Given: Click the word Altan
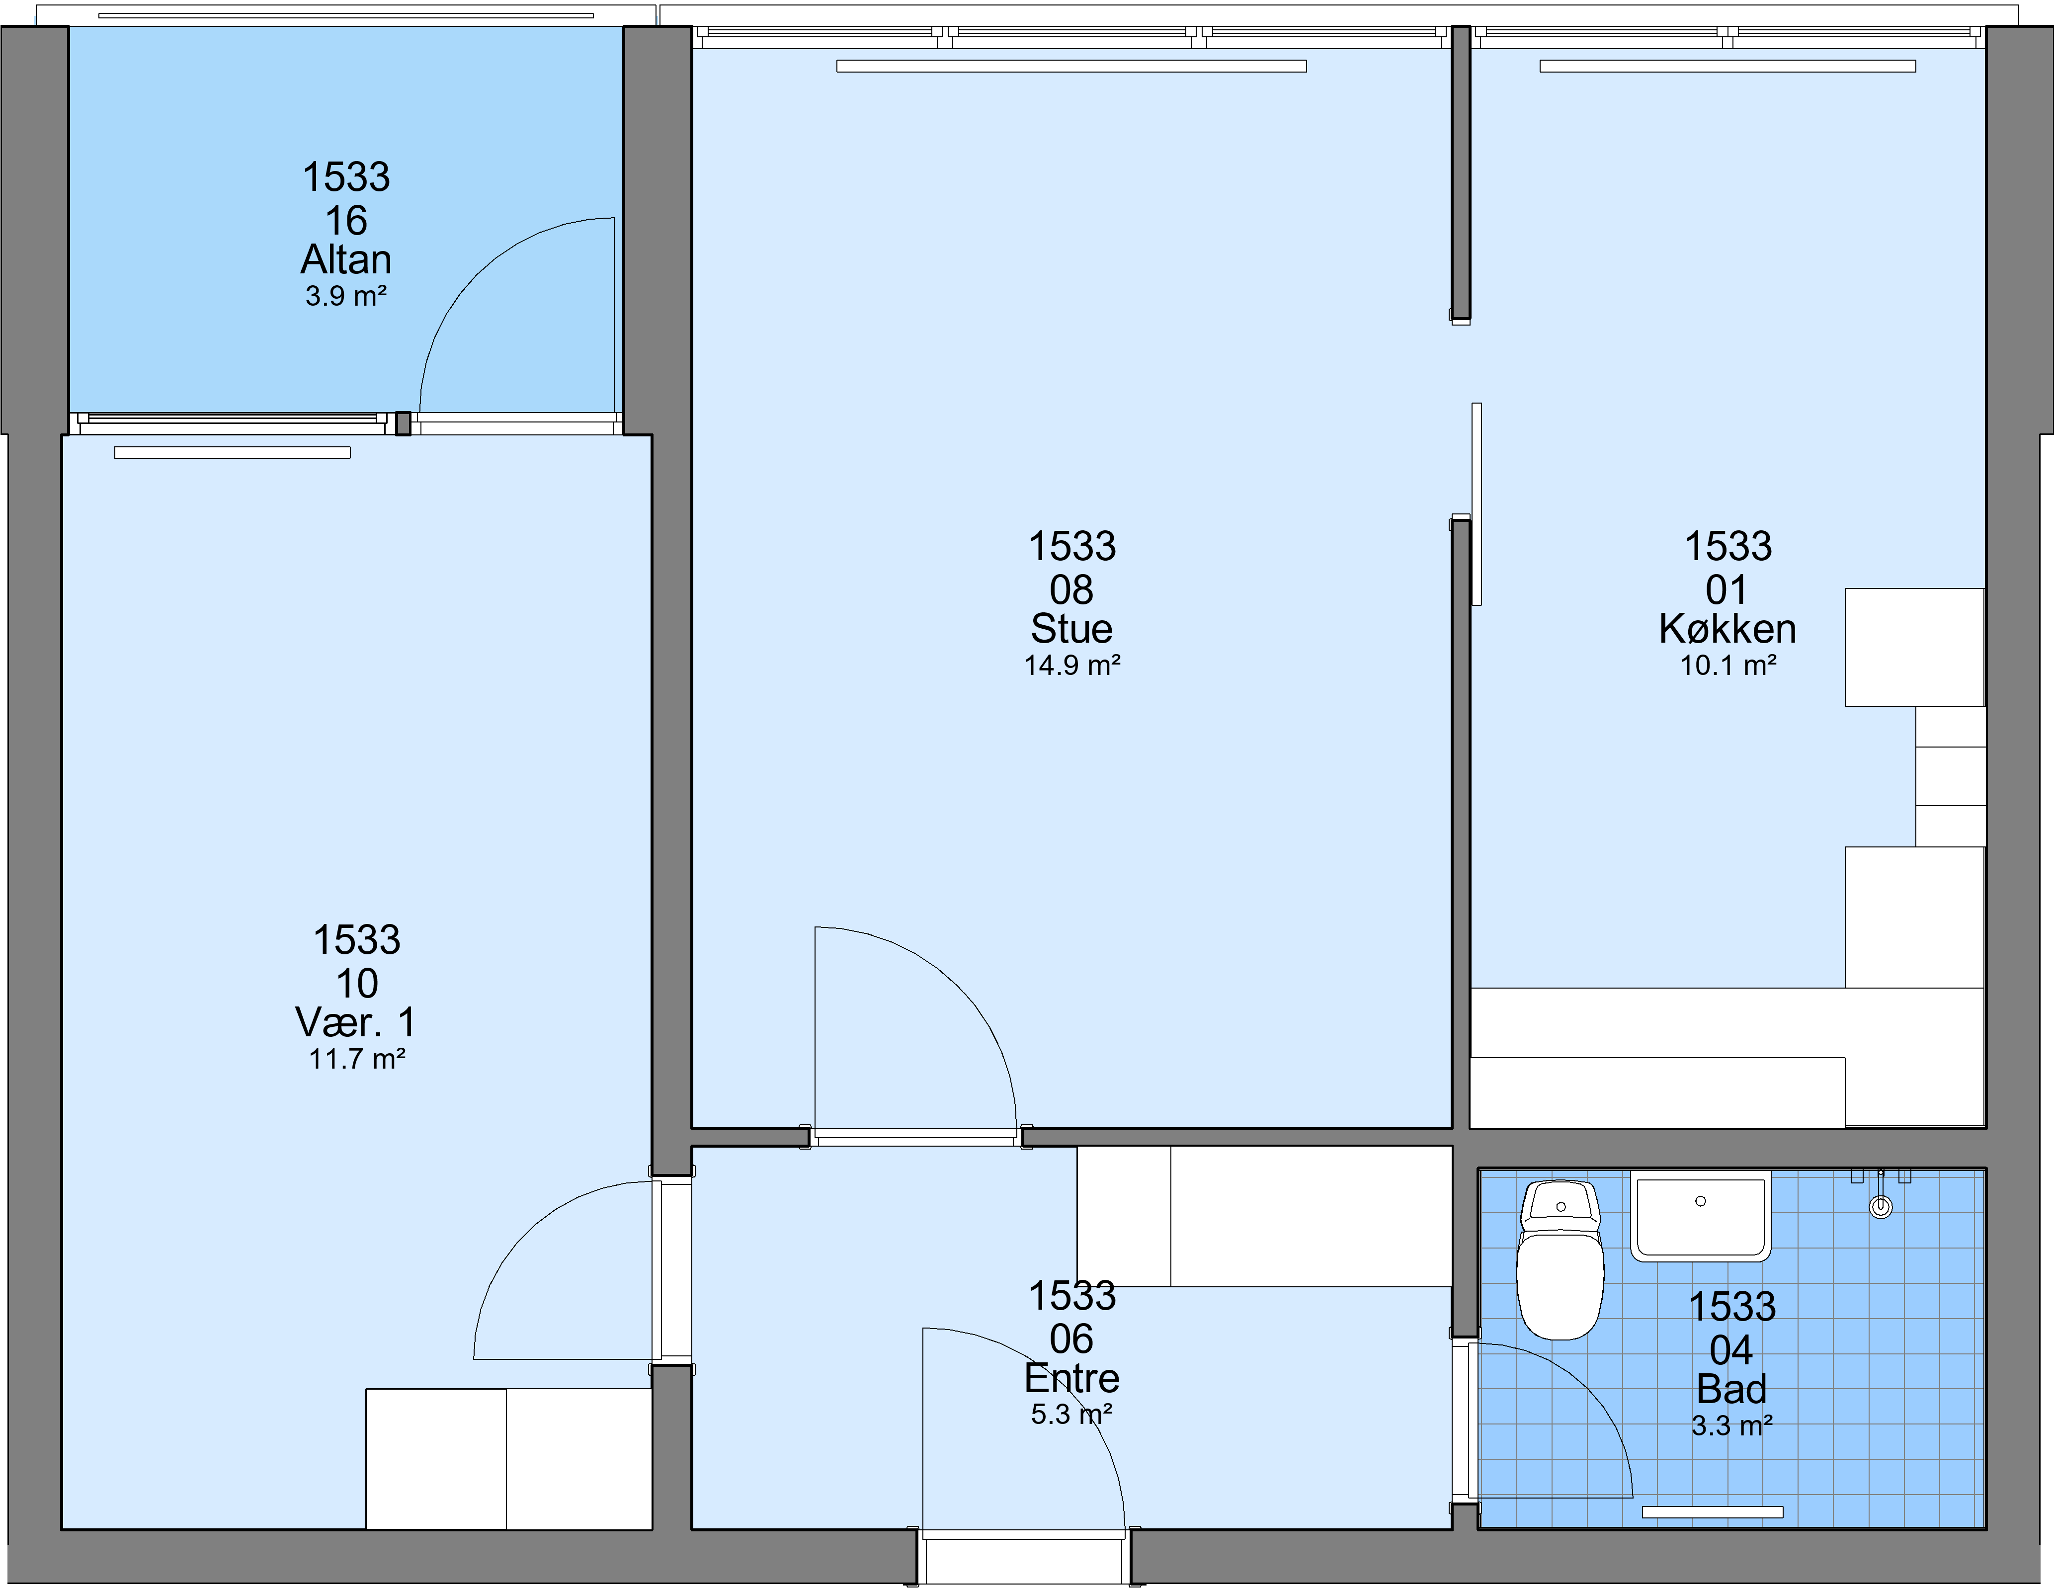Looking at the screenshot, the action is [346, 259].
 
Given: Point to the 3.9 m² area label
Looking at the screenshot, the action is [346, 296].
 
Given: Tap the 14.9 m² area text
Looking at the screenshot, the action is [1072, 665].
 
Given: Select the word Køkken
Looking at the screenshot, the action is [1727, 628].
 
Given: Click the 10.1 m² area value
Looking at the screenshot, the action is [1728, 665].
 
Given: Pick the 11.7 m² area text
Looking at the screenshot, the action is [357, 1059].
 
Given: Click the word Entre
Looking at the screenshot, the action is [1072, 1378].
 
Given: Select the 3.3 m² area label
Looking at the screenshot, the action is [1732, 1426].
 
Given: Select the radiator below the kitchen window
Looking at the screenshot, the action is [1727, 66].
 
